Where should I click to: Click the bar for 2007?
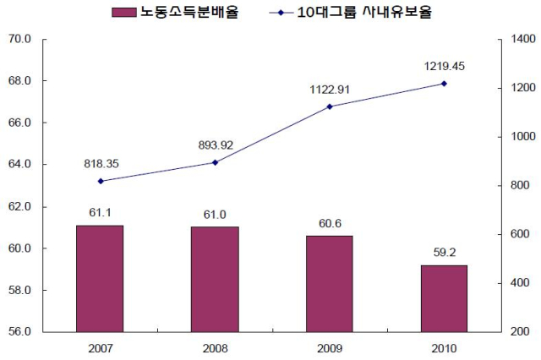click(100, 278)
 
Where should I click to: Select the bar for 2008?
click(215, 279)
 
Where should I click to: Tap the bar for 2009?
click(329, 283)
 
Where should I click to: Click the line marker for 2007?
click(100, 181)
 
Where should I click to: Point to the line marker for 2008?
click(215, 162)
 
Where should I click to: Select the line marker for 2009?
click(329, 106)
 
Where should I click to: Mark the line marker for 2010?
click(444, 84)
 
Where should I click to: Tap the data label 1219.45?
click(444, 66)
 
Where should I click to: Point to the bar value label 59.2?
click(444, 252)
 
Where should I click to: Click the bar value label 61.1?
click(100, 212)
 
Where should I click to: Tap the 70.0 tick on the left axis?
click(19, 39)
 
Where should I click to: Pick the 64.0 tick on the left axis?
click(19, 165)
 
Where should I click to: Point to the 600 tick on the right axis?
click(520, 234)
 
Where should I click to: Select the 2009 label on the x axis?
click(329, 346)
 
